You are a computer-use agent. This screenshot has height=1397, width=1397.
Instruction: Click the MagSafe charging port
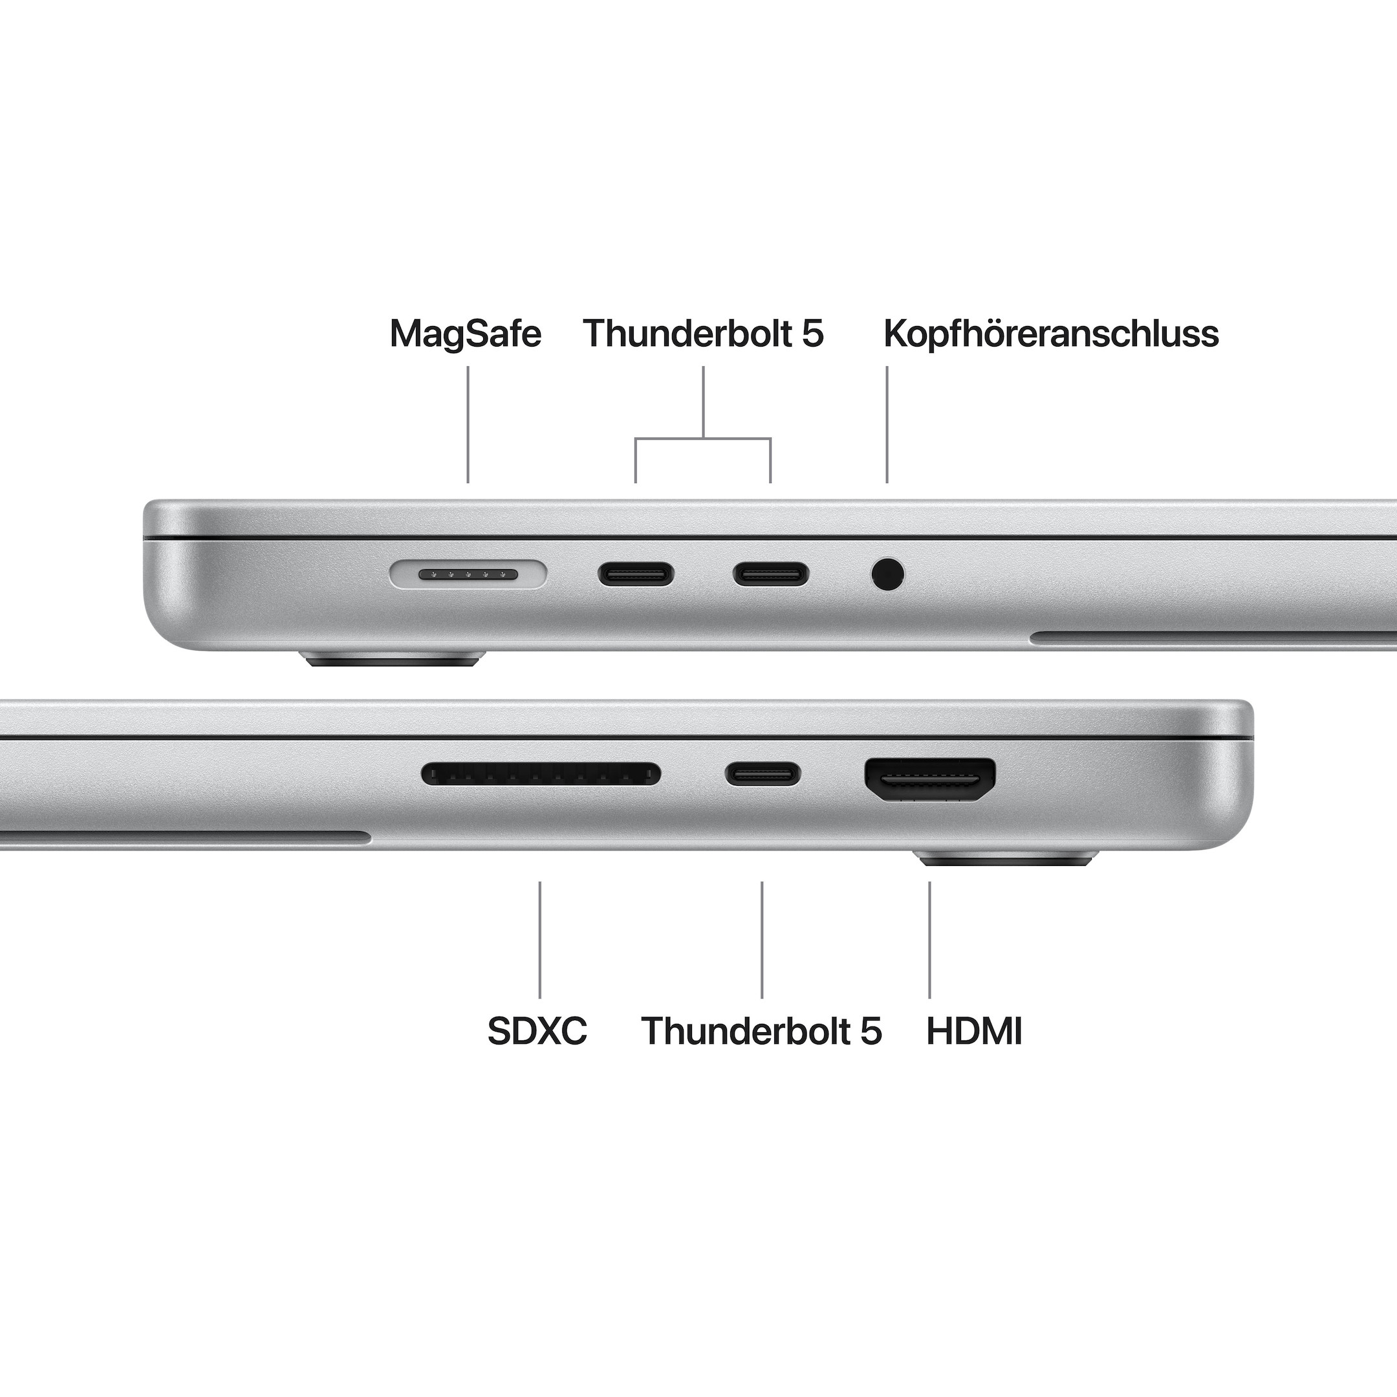pyautogui.click(x=468, y=575)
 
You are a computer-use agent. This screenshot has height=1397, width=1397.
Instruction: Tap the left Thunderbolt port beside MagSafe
pyautogui.click(x=636, y=575)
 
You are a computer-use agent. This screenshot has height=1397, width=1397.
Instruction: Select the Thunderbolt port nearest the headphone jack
pyautogui.click(x=771, y=575)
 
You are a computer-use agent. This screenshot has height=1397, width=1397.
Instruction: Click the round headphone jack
pyautogui.click(x=887, y=575)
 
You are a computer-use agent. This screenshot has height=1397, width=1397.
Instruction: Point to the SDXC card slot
pyautogui.click(x=541, y=774)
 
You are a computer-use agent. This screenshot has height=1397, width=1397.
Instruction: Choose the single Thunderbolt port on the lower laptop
pyautogui.click(x=763, y=774)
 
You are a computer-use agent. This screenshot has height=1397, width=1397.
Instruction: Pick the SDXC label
pyautogui.click(x=537, y=1030)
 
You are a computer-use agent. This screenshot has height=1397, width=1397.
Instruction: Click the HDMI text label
pyautogui.click(x=974, y=1030)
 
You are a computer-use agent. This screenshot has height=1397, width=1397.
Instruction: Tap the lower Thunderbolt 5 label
pyautogui.click(x=761, y=1030)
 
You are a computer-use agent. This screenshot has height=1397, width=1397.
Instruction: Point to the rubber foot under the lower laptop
pyautogui.click(x=1008, y=859)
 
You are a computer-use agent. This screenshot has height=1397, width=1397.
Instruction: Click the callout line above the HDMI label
pyautogui.click(x=930, y=939)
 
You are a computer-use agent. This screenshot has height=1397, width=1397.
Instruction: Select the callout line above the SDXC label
pyautogui.click(x=539, y=939)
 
